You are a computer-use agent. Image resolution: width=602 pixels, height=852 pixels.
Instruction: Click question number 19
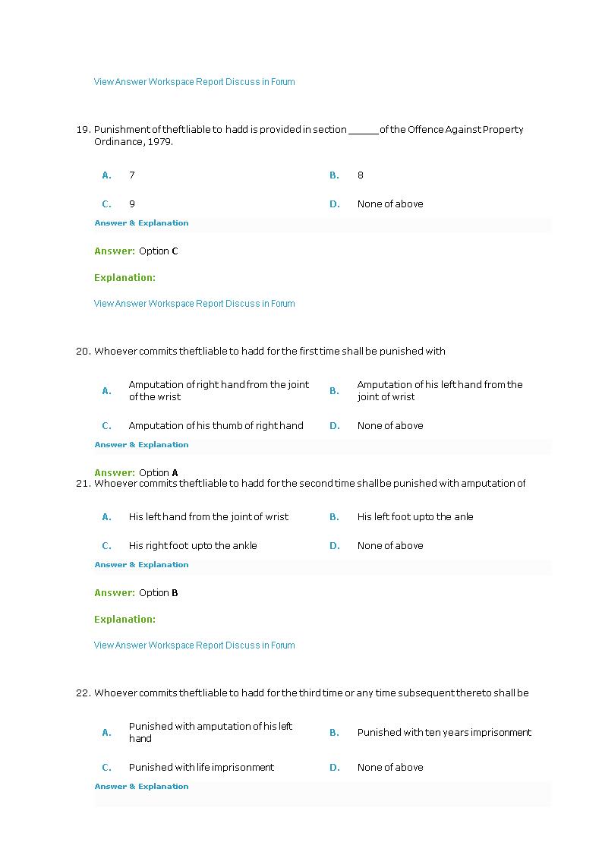[x=83, y=130]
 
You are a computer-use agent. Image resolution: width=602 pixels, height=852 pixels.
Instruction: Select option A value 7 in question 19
[x=132, y=175]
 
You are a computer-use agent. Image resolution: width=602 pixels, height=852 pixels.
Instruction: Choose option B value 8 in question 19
[x=361, y=175]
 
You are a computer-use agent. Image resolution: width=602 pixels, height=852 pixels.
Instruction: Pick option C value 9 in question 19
[x=132, y=204]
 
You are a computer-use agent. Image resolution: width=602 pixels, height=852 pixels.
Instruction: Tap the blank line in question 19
[x=363, y=131]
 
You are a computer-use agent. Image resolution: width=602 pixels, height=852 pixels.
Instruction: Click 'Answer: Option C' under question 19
[x=136, y=251]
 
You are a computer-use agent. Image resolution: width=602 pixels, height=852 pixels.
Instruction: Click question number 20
[x=83, y=352]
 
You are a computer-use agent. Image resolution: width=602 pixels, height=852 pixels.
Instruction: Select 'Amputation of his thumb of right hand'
[x=216, y=426]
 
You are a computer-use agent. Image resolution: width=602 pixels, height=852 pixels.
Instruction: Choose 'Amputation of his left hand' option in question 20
[x=440, y=390]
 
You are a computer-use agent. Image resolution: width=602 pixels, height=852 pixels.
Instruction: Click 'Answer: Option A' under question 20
[x=136, y=472]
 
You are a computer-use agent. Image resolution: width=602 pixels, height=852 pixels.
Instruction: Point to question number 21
[x=83, y=484]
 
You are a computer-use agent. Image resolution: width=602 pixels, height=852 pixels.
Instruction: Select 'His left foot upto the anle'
[x=415, y=517]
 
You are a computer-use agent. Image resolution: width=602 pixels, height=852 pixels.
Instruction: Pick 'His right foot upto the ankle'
[x=193, y=546]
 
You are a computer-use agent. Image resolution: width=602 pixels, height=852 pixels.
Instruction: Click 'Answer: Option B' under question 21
[x=136, y=593]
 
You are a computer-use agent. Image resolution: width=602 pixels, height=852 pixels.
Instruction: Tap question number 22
[x=83, y=693]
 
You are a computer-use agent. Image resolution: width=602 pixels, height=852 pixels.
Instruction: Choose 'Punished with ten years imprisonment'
[x=444, y=733]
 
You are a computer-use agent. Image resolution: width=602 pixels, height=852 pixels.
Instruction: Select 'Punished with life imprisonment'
[x=201, y=768]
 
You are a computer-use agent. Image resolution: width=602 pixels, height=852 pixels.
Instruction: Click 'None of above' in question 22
[x=390, y=768]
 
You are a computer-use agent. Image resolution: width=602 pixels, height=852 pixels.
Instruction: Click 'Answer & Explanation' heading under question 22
[x=141, y=787]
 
